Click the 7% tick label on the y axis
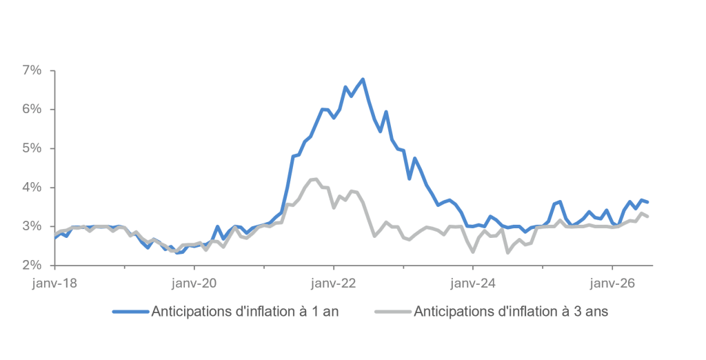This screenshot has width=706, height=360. (32, 71)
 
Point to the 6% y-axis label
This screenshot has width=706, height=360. (32, 110)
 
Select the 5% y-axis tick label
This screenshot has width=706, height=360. (32, 149)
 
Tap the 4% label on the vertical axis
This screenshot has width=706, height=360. (32, 188)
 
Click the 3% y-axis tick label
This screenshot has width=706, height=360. (32, 226)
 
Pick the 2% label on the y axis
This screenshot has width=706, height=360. (32, 265)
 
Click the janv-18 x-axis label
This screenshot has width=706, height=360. (54, 283)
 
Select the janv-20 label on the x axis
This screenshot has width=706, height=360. (194, 283)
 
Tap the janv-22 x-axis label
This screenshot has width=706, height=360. (334, 283)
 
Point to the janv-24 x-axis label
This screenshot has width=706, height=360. (473, 283)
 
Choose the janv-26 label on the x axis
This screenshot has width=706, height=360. (613, 283)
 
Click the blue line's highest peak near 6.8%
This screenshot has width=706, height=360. (363, 79)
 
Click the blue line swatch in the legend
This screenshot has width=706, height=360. (130, 311)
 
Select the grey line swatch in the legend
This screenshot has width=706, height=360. (393, 311)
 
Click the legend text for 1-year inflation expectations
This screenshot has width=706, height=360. (245, 311)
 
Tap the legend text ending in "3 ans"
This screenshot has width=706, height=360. (511, 311)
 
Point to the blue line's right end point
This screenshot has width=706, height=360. (647, 202)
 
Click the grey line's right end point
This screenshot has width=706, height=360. (647, 217)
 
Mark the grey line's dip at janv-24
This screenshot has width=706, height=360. (473, 252)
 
